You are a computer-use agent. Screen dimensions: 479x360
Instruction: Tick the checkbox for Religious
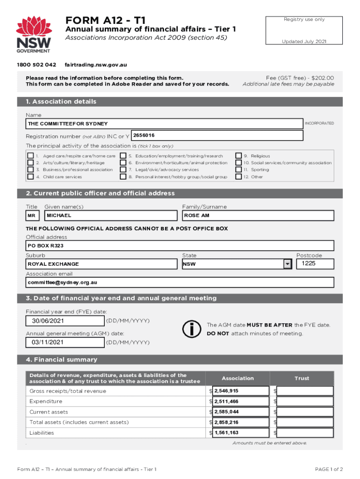pyautogui.click(x=238, y=156)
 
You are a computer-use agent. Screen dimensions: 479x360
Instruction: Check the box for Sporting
pyautogui.click(x=238, y=170)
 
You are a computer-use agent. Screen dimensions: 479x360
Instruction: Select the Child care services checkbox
pyautogui.click(x=30, y=177)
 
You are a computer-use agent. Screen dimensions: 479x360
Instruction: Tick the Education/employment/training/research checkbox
pyautogui.click(x=123, y=156)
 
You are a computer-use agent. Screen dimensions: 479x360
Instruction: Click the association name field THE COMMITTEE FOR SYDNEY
pyautogui.click(x=164, y=123)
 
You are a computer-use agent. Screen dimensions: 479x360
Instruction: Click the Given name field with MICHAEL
pyautogui.click(x=111, y=216)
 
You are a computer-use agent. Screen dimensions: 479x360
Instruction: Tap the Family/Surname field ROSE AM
pyautogui.click(x=258, y=216)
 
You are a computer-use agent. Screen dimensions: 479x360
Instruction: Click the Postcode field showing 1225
pyautogui.click(x=315, y=264)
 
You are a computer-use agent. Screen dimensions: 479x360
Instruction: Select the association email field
pyautogui.click(x=180, y=283)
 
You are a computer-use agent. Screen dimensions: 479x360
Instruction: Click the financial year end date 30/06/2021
pyautogui.click(x=65, y=321)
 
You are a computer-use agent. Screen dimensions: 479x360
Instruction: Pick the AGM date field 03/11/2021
pyautogui.click(x=65, y=342)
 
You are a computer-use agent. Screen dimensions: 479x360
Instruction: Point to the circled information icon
pyautogui.click(x=192, y=329)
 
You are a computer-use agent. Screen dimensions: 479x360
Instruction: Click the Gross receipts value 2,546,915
pyautogui.click(x=240, y=391)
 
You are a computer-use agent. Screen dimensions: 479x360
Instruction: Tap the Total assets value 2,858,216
pyautogui.click(x=240, y=422)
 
